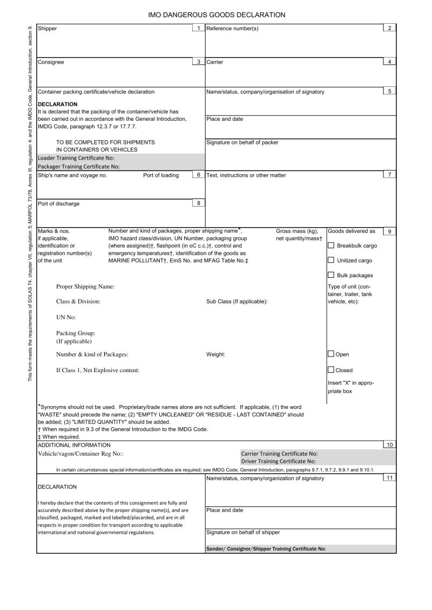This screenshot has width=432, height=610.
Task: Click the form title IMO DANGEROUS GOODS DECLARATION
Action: [217, 15]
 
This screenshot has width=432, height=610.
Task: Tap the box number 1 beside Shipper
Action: [198, 28]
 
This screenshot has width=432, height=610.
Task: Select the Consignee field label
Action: [51, 62]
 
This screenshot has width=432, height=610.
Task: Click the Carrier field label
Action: [215, 62]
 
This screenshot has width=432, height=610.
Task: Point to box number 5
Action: [389, 91]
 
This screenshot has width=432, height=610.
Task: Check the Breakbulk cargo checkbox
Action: [331, 245]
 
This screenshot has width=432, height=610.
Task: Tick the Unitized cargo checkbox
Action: [331, 261]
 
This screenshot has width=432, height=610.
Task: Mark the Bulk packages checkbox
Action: [331, 276]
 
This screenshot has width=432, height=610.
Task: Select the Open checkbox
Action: [331, 354]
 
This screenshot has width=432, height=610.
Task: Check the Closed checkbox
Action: [331, 370]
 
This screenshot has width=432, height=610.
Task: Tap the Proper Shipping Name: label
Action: [85, 286]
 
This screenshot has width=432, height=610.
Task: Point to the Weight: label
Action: [215, 354]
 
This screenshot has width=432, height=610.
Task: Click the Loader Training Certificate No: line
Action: [76, 158]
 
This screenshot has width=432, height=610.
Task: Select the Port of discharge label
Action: [58, 204]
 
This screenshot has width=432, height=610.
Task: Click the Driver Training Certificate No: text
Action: [278, 461]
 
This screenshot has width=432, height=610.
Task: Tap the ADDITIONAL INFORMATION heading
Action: [74, 445]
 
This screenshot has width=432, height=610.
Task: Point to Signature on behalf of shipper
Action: [243, 532]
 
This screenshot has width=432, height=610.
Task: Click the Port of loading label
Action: [161, 175]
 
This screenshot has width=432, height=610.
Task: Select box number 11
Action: [389, 478]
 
